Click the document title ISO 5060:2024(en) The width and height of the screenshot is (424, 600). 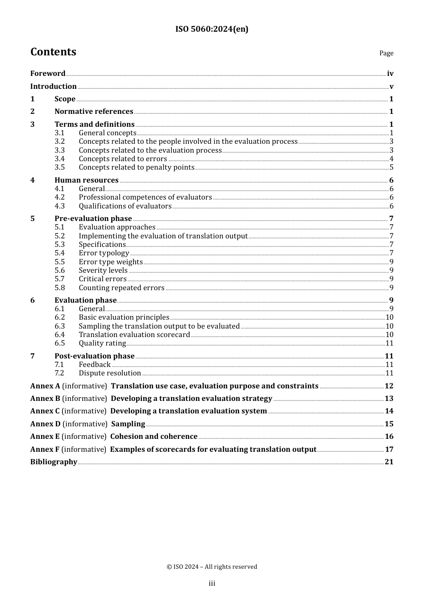pos(212,29)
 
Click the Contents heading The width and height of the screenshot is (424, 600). pos(53,52)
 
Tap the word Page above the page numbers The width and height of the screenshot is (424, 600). pos(386,53)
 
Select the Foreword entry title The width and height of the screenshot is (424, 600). pos(48,74)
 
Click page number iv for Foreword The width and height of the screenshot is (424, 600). pos(390,74)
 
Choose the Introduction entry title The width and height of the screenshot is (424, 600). pos(53,87)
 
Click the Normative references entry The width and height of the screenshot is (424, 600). pos(94,112)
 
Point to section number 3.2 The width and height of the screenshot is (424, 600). pos(59,142)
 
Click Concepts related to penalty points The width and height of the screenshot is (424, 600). pos(137,167)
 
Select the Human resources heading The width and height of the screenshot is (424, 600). pos(87,180)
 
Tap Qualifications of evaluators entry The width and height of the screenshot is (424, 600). pos(125,206)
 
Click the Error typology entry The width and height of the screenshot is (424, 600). pos(104,253)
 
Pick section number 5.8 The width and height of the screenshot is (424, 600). pos(59,288)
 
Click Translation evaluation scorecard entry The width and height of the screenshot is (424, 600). pos(134,335)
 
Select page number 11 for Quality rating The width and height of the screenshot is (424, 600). pos(389,343)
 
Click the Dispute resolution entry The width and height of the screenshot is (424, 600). pos(110,373)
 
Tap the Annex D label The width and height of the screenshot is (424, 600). pos(45,424)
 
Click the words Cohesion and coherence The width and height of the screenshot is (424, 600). pos(154,437)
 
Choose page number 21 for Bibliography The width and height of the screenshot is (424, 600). pos(389,462)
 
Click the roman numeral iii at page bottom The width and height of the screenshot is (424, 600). pos(212,583)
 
